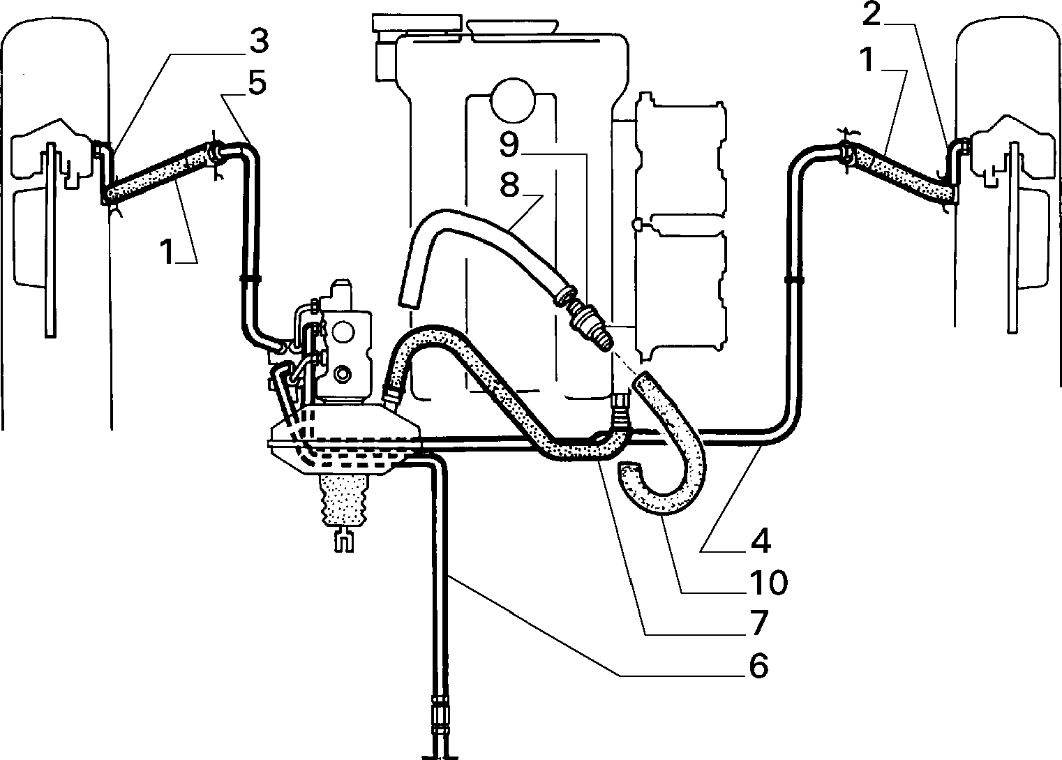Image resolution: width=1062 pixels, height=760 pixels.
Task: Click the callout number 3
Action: pos(260,41)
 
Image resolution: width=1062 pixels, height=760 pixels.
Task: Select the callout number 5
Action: pos(257,83)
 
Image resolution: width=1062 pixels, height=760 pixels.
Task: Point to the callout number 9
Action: pos(509,144)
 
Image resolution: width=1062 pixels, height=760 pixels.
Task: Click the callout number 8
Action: pos(509,186)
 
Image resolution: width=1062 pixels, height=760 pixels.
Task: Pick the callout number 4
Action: pos(761,539)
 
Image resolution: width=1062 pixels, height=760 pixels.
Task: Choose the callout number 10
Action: pos(768,582)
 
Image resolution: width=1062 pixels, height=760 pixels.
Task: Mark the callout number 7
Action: pos(760,623)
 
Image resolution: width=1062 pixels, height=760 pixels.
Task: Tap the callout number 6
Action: pos(760,665)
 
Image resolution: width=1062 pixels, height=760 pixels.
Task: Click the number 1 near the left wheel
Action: pos(167,251)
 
